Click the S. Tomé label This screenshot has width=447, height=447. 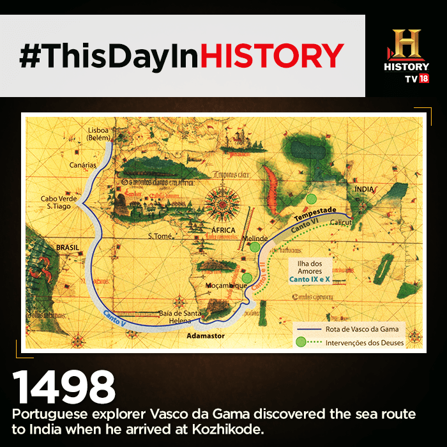[x=160, y=236]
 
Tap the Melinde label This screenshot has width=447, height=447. [x=255, y=238]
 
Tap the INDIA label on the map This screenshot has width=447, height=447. [x=364, y=189]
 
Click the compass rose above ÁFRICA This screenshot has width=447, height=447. [x=223, y=204]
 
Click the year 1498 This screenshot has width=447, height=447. [x=64, y=388]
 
